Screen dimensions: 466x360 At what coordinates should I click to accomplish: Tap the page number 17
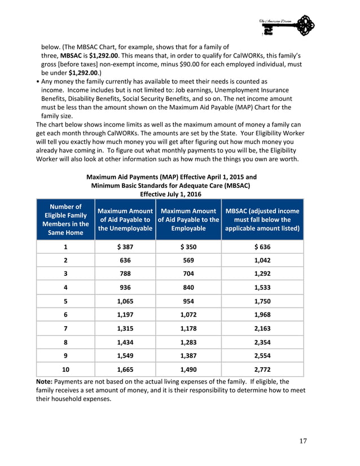point(302,441)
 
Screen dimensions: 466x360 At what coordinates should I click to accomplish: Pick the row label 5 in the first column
point(65,301)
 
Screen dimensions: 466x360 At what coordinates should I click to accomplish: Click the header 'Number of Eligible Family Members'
point(65,219)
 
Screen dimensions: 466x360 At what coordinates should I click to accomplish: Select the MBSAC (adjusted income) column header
point(262,220)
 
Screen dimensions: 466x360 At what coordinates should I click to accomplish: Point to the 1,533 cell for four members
point(262,288)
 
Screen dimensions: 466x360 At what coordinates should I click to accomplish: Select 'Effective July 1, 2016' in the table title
point(170,194)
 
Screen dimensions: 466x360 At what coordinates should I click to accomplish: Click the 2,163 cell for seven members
point(262,328)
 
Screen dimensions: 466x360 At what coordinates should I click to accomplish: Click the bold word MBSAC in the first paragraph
point(71,56)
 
